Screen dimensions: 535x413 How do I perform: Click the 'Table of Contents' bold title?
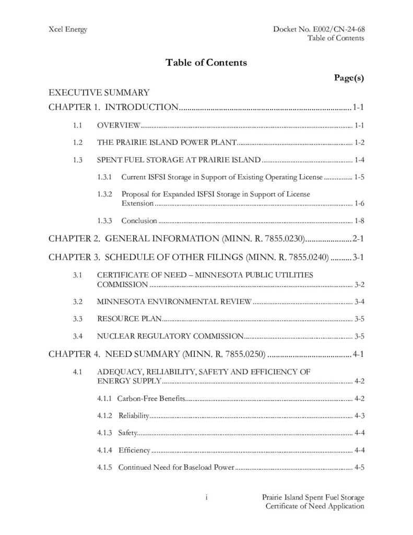[206, 63]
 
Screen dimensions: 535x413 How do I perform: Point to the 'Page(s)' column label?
[348, 78]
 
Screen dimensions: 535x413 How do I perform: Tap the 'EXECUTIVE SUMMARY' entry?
[99, 93]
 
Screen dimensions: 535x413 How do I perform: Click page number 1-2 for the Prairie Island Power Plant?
[359, 143]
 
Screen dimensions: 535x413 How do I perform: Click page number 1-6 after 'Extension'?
[359, 203]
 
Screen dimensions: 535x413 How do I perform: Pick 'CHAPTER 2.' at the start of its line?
[74, 239]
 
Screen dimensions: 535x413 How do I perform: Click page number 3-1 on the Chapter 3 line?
[358, 257]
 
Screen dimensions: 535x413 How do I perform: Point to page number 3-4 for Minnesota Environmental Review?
[359, 301]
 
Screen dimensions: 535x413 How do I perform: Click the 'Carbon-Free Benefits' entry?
[151, 399]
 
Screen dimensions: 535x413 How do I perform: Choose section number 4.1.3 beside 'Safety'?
[104, 433]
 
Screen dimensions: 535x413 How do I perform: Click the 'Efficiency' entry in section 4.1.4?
[134, 450]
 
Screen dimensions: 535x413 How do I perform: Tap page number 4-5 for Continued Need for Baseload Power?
[359, 467]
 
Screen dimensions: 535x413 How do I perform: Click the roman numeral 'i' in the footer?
[207, 497]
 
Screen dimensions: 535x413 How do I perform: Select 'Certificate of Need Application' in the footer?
[314, 506]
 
